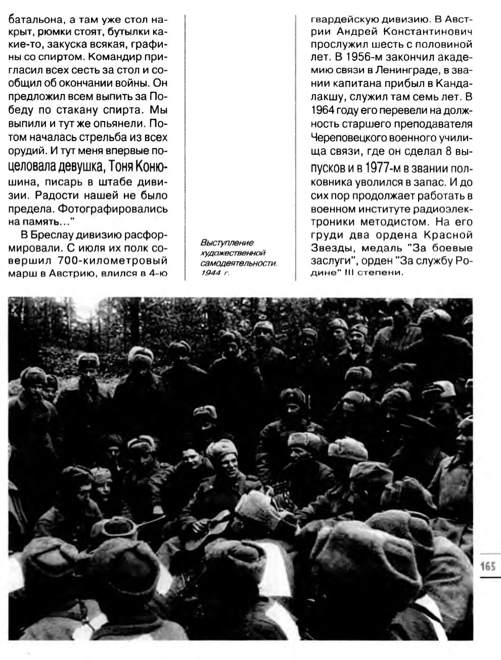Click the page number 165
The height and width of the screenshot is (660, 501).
487,565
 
